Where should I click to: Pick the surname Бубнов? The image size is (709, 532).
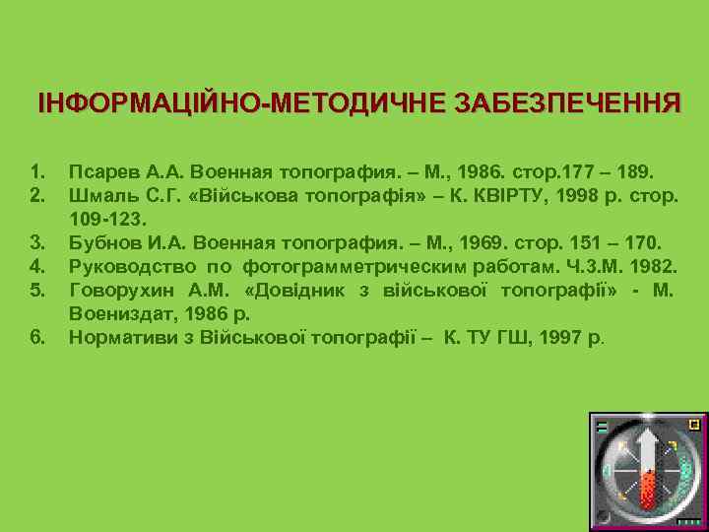coord(104,240)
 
